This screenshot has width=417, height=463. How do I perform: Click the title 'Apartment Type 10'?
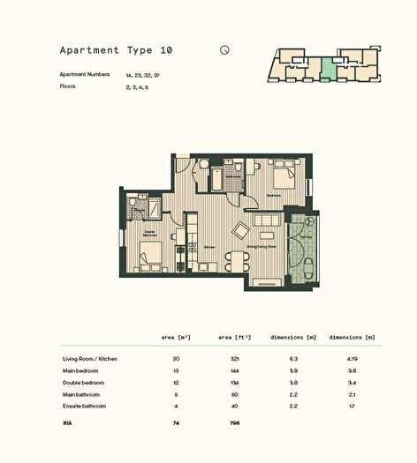(x=116, y=51)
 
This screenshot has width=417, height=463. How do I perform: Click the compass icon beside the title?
(x=225, y=50)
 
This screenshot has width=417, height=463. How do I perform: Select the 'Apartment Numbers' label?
(x=85, y=75)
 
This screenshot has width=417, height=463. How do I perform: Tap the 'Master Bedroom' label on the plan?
(x=150, y=235)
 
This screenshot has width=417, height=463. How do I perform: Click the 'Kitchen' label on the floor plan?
(x=209, y=248)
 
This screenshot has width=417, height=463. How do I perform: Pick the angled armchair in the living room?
(x=240, y=230)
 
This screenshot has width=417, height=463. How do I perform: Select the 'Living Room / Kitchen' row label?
(x=90, y=359)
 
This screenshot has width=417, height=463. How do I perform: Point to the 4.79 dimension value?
(x=353, y=359)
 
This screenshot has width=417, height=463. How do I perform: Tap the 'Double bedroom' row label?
(x=83, y=383)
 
